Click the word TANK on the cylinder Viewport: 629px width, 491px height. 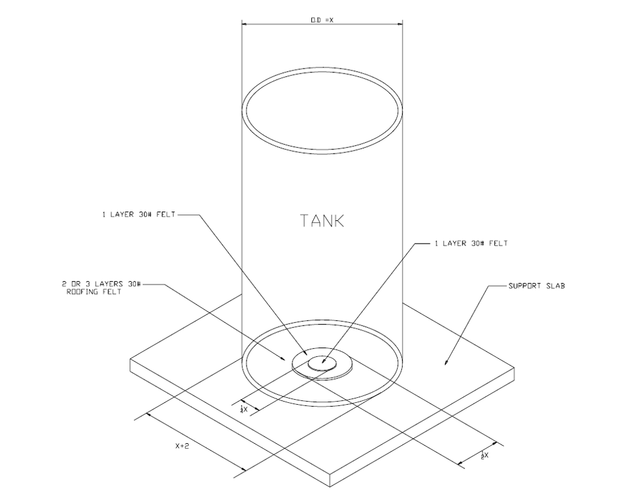coord(323,221)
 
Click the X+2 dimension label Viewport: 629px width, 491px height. coord(183,446)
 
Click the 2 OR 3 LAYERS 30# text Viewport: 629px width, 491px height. coord(101,285)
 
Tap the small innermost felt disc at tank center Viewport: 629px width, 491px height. coord(323,361)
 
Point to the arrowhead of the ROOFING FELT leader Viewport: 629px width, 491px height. coord(286,359)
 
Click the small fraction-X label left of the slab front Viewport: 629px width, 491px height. coord(243,409)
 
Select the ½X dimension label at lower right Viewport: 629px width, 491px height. coord(484,454)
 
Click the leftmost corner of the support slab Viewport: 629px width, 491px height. coord(130,359)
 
